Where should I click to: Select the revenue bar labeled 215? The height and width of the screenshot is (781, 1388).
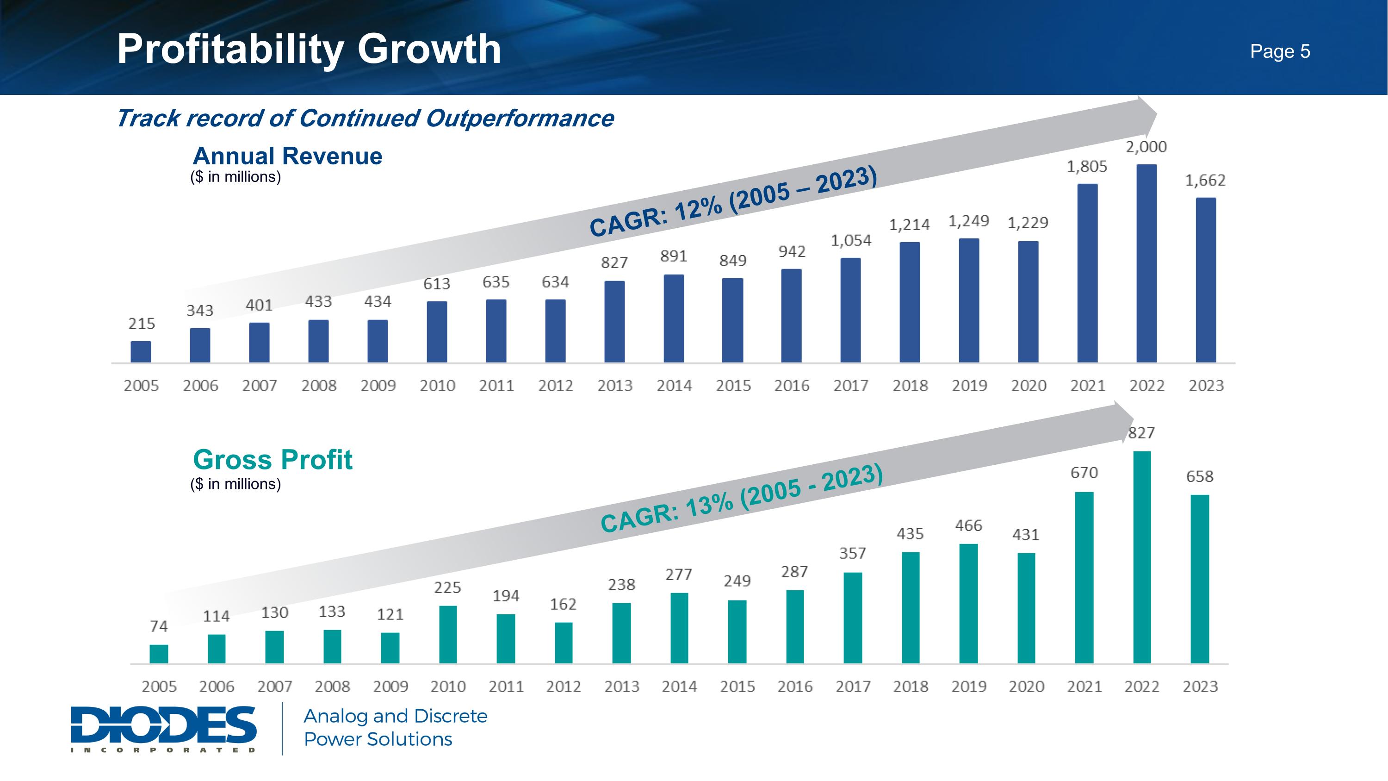tap(141, 351)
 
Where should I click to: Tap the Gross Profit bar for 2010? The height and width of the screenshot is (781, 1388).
tap(448, 634)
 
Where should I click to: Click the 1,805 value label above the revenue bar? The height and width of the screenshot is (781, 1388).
tap(1087, 167)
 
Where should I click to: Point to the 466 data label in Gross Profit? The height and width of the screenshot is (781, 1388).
tap(968, 525)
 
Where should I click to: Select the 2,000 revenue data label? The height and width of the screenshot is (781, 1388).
tap(1146, 147)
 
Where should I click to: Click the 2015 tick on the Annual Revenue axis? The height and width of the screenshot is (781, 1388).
tap(733, 386)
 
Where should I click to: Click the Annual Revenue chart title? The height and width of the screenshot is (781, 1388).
tap(287, 156)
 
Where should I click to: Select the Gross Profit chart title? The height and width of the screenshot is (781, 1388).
tap(273, 460)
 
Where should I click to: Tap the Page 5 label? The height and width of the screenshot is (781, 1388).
tap(1280, 52)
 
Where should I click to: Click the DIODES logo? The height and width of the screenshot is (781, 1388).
tap(164, 728)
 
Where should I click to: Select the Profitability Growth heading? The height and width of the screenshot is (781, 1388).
tap(309, 49)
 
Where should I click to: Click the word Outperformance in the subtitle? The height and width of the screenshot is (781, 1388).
tap(520, 119)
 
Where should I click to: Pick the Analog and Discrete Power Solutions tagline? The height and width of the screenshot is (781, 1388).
tap(395, 728)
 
